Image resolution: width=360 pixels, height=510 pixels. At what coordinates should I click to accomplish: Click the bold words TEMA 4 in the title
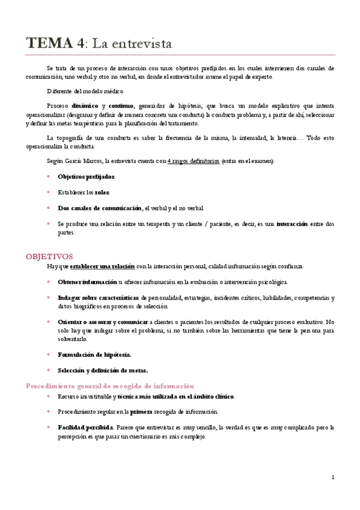coord(55,43)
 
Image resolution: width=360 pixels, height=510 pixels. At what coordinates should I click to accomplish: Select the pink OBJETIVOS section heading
coord(49,256)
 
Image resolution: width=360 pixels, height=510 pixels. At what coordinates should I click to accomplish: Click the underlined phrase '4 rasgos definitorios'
coord(193,161)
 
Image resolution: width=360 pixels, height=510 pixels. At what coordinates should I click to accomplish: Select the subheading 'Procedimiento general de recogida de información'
coord(110,386)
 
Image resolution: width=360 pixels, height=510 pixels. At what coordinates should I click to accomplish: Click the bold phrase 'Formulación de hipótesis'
coord(94,354)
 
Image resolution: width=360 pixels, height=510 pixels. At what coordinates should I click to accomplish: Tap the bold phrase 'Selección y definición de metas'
coord(102,370)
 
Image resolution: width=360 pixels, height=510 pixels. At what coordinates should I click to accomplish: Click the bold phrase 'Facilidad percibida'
coord(85,428)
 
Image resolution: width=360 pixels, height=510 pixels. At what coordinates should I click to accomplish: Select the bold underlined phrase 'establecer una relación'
coord(102,266)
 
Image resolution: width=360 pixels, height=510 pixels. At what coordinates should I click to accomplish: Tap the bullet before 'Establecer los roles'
coord(49,192)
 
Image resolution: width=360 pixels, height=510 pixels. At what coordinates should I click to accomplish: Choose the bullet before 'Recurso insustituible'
coord(49,396)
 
